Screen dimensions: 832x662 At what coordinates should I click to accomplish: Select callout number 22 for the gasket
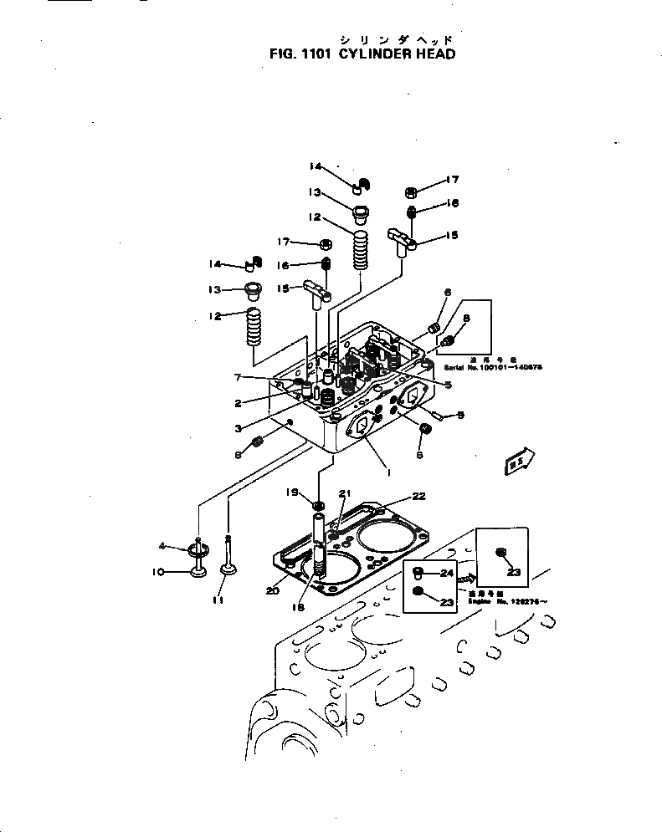pyautogui.click(x=418, y=496)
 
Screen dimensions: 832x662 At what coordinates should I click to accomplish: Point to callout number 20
pyautogui.click(x=272, y=590)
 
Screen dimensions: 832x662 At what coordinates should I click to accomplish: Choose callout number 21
pyautogui.click(x=344, y=493)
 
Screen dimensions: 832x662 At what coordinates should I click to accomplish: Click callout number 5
pyautogui.click(x=449, y=385)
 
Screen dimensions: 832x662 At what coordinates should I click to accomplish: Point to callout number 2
pyautogui.click(x=239, y=403)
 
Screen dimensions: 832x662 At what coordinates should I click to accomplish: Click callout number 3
pyautogui.click(x=239, y=428)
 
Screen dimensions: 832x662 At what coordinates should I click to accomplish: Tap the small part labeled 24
pyautogui.click(x=422, y=573)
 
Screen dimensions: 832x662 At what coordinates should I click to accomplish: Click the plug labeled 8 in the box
pyautogui.click(x=449, y=340)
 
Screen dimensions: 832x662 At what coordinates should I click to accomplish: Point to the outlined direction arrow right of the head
pyautogui.click(x=519, y=459)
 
